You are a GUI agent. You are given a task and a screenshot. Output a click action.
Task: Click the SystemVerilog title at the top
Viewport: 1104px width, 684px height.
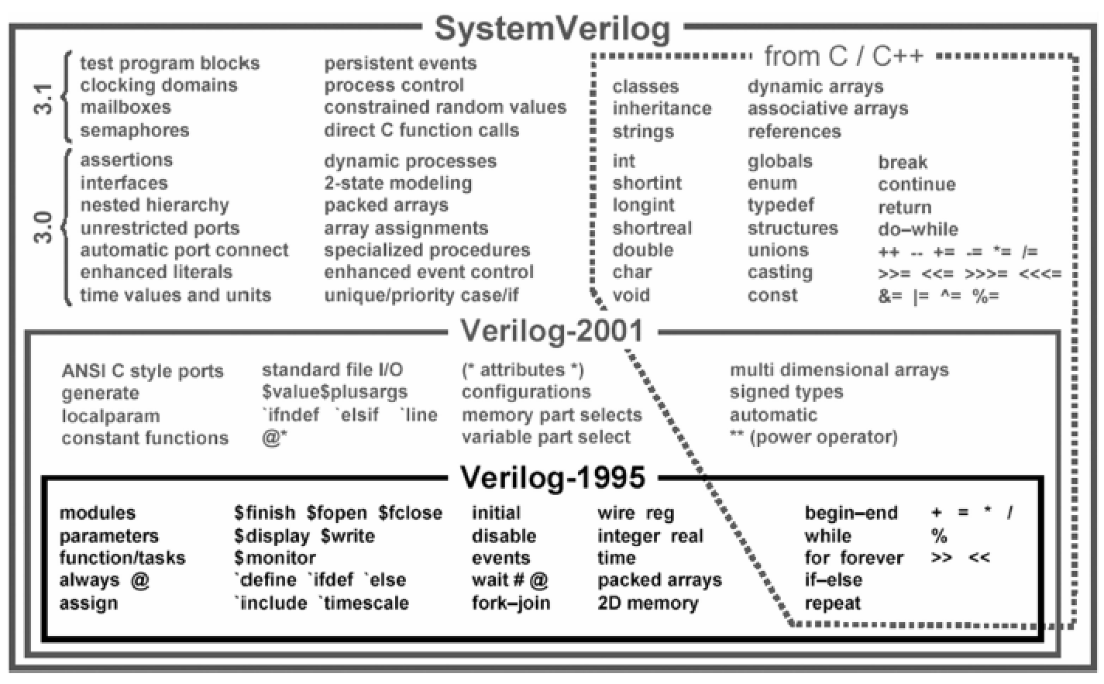[x=552, y=29]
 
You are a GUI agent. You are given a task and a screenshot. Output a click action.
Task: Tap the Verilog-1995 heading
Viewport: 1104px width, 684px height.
[x=552, y=476]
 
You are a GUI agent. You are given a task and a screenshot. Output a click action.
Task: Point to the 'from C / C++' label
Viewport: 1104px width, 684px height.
[x=844, y=57]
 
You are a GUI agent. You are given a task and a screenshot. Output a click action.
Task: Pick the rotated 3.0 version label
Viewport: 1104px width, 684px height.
[x=43, y=227]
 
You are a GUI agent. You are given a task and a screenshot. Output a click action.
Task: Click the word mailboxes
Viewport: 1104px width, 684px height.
[x=126, y=107]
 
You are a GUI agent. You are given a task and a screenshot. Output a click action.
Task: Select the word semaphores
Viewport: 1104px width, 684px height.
[x=135, y=130]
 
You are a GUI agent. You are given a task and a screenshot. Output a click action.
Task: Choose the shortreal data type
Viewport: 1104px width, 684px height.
[x=652, y=229]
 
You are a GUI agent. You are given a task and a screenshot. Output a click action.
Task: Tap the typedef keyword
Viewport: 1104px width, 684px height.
[x=781, y=205]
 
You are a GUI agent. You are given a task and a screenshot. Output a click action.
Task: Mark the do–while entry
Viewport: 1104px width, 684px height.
[x=918, y=229]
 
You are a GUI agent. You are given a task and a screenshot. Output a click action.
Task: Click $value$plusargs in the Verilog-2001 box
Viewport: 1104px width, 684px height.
[x=335, y=392]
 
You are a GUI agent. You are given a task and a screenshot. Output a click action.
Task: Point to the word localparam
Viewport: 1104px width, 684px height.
[x=111, y=417]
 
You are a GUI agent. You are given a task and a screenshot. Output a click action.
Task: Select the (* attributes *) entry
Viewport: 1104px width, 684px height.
[x=523, y=370]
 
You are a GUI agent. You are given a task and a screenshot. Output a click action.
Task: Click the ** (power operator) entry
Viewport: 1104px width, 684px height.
[x=813, y=437]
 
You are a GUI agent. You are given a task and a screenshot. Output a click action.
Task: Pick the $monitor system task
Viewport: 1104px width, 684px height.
[x=275, y=558]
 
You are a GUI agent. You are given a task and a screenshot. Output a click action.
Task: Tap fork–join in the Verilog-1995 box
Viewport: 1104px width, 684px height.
[x=511, y=603]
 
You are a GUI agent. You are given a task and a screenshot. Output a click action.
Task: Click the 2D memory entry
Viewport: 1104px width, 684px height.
[x=648, y=603]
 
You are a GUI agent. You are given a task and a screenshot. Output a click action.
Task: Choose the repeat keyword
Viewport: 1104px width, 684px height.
[x=833, y=603]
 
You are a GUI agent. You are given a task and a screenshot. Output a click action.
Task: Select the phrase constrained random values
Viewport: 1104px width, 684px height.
[x=445, y=107]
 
